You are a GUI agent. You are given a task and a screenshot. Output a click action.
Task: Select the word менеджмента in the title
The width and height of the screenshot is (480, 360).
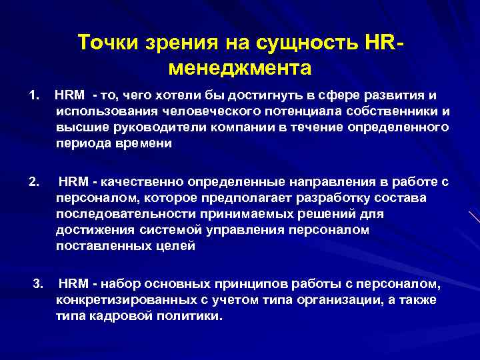coord(241,68)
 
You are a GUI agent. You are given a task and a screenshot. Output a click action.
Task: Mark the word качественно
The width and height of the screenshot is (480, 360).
coord(143,181)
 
